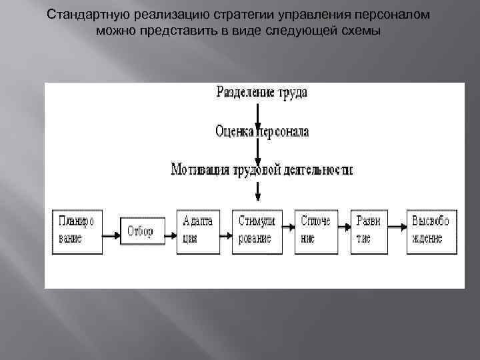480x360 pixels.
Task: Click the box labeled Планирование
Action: pyautogui.click(x=77, y=231)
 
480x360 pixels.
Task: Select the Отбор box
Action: pyautogui.click(x=141, y=232)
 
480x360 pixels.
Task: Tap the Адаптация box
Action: pyautogui.click(x=197, y=231)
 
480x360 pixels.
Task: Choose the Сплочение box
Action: pyautogui.click(x=315, y=231)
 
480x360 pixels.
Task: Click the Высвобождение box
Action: pyautogui.click(x=431, y=231)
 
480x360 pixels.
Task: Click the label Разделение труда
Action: pyautogui.click(x=261, y=93)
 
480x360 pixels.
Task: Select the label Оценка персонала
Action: pyautogui.click(x=261, y=131)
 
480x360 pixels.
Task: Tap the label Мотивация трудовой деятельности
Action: pyautogui.click(x=261, y=169)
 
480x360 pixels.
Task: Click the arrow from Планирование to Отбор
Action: pyautogui.click(x=111, y=235)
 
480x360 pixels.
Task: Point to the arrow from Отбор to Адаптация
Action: pyautogui.click(x=170, y=235)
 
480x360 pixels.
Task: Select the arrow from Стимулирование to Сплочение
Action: pyautogui.click(x=288, y=229)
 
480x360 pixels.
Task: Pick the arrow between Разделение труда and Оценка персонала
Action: pyautogui.click(x=257, y=112)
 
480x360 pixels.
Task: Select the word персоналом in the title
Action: pyautogui.click(x=399, y=15)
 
